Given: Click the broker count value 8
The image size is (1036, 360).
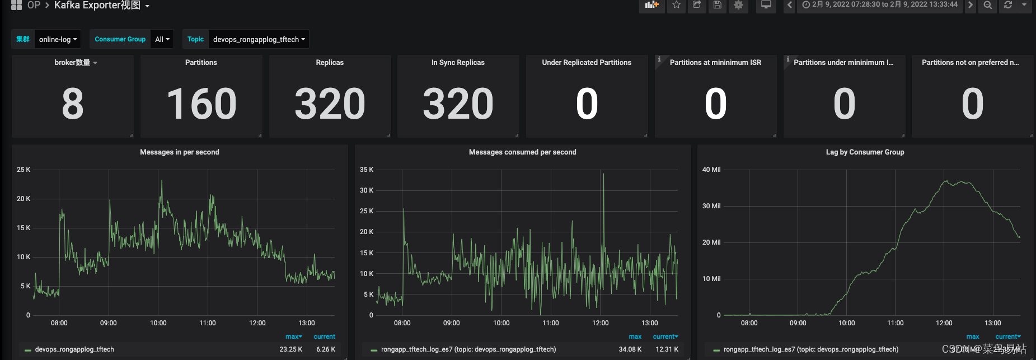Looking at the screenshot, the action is pos(73,104).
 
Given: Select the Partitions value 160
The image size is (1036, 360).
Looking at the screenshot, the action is pos(201,104).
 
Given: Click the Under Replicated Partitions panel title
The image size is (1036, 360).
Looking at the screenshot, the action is pos(587,63).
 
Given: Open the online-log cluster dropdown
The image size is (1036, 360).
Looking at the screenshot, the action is pos(58,39).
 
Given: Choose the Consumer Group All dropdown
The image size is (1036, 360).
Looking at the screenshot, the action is pos(162,39).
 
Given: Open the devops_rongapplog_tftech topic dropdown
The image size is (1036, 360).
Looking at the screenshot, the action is pos(259,39).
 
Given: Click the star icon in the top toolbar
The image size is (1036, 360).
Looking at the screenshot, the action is pos(676,5).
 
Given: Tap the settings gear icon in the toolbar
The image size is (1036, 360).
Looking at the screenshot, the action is pos(738,5).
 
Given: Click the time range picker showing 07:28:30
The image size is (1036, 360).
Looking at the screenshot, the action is pos(880,4).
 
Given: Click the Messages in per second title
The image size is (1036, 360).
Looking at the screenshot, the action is pos(180,152).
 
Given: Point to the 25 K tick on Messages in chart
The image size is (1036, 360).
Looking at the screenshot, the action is pos(24,170).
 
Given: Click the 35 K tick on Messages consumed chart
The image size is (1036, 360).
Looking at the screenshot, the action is pos(367,170).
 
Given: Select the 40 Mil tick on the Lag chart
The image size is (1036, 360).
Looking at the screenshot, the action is pos(711,170).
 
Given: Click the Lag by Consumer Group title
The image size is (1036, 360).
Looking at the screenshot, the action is pos(865,152).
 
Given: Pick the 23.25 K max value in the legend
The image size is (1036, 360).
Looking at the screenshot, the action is pos(291,349).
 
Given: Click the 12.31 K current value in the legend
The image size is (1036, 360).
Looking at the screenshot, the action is pos(667,349).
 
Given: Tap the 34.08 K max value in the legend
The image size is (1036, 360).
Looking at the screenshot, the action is pos(630,349).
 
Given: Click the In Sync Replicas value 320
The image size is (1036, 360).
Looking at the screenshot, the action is pos(458,104).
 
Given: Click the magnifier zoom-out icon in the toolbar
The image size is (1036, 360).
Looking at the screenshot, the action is pos(988,5).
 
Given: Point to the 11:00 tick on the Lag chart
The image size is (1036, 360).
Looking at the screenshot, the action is pos(896,323).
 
